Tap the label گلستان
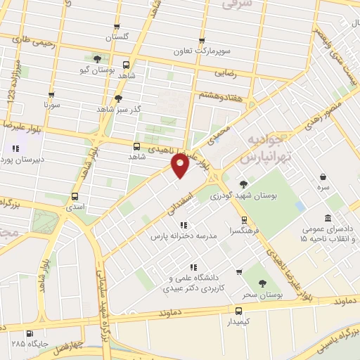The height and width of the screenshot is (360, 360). click(x=118, y=36)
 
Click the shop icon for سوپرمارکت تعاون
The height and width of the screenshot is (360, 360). click(x=202, y=41)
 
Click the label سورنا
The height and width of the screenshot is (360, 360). click(x=51, y=105)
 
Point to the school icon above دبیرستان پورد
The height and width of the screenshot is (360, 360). click(x=15, y=149)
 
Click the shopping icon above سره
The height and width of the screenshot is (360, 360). click(x=321, y=177)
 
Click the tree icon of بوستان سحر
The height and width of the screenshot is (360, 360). click(x=263, y=283)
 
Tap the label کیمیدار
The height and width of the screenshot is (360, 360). click(x=239, y=321)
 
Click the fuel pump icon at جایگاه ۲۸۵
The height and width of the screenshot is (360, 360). click(x=29, y=334)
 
